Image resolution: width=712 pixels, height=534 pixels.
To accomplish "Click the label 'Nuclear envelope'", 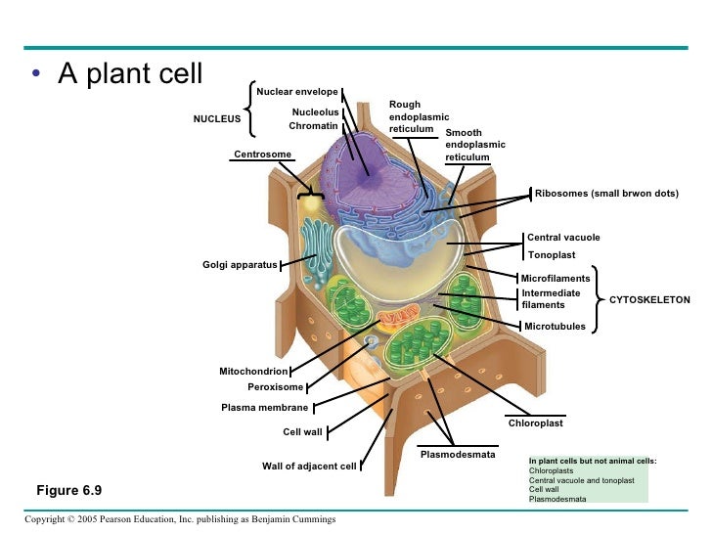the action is [x=297, y=92].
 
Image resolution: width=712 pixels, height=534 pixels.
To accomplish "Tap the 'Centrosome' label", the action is [x=262, y=154].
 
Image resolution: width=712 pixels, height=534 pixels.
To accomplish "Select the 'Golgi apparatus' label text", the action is [x=240, y=265].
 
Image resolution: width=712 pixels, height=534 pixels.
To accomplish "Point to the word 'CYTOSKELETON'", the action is [x=649, y=299].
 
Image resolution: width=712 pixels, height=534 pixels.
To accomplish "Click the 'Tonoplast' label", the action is [x=552, y=255].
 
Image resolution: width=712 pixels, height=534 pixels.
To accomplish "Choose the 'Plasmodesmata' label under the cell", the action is [x=458, y=455].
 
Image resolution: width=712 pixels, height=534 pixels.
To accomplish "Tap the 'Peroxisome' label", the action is [x=275, y=387].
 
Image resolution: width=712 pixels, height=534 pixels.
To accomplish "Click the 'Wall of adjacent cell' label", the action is [x=309, y=467].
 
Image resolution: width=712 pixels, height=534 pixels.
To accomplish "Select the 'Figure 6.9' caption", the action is [x=69, y=490].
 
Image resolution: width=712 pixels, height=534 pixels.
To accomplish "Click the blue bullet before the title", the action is [x=36, y=73].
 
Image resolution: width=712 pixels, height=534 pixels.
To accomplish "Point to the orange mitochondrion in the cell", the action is [x=399, y=317].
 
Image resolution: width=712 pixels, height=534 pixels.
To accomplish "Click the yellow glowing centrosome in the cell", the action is [x=311, y=203].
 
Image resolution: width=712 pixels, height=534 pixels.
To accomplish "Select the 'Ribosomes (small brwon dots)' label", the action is [x=606, y=194].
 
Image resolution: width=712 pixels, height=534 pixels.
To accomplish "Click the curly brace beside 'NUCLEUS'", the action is [x=250, y=109].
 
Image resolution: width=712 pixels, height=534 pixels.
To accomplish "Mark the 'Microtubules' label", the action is [x=555, y=327].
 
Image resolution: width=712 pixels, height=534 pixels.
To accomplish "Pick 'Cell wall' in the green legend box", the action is [x=544, y=489].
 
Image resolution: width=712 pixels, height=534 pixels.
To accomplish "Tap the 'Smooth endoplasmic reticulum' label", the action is [x=475, y=145].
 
